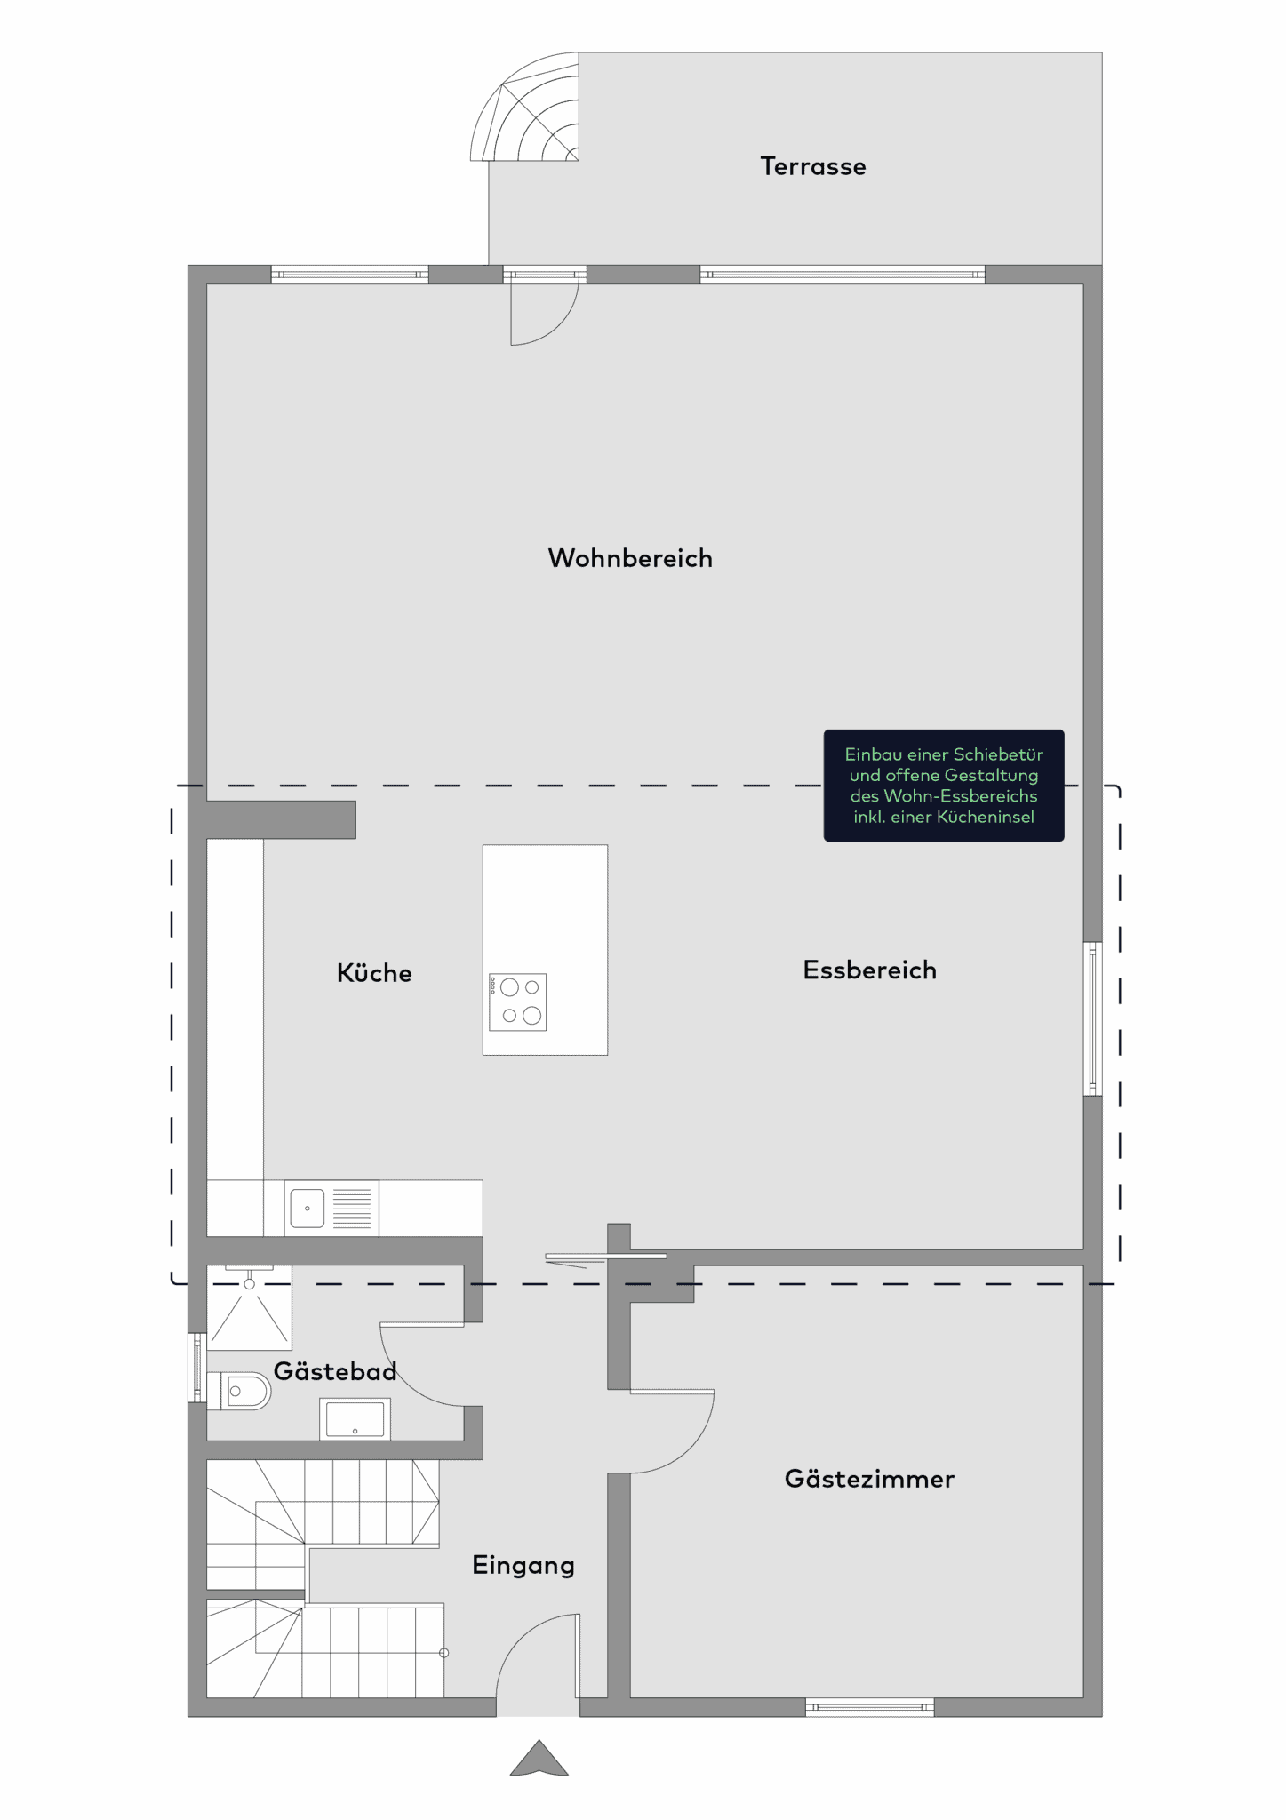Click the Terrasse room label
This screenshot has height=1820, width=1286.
point(812,166)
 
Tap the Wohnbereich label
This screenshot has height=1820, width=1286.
point(630,558)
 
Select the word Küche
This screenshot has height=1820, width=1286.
point(374,972)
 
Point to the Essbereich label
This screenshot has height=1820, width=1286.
point(869,970)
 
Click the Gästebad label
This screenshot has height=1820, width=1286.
point(335,1370)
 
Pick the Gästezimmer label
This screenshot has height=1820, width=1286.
point(869,1479)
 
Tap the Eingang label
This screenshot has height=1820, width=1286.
point(523,1566)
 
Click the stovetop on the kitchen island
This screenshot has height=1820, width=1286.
point(517,1002)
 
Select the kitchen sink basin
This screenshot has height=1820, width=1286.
point(308,1208)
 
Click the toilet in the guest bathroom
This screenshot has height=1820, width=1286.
point(238,1391)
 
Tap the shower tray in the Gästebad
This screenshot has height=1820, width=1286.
point(249,1306)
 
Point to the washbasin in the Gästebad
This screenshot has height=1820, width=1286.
point(355,1418)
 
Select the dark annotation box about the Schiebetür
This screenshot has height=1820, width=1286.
point(944,786)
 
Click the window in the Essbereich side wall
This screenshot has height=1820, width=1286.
point(1093,1018)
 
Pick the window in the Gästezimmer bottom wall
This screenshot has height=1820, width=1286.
point(870,1706)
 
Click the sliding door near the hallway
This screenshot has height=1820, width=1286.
point(605,1257)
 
